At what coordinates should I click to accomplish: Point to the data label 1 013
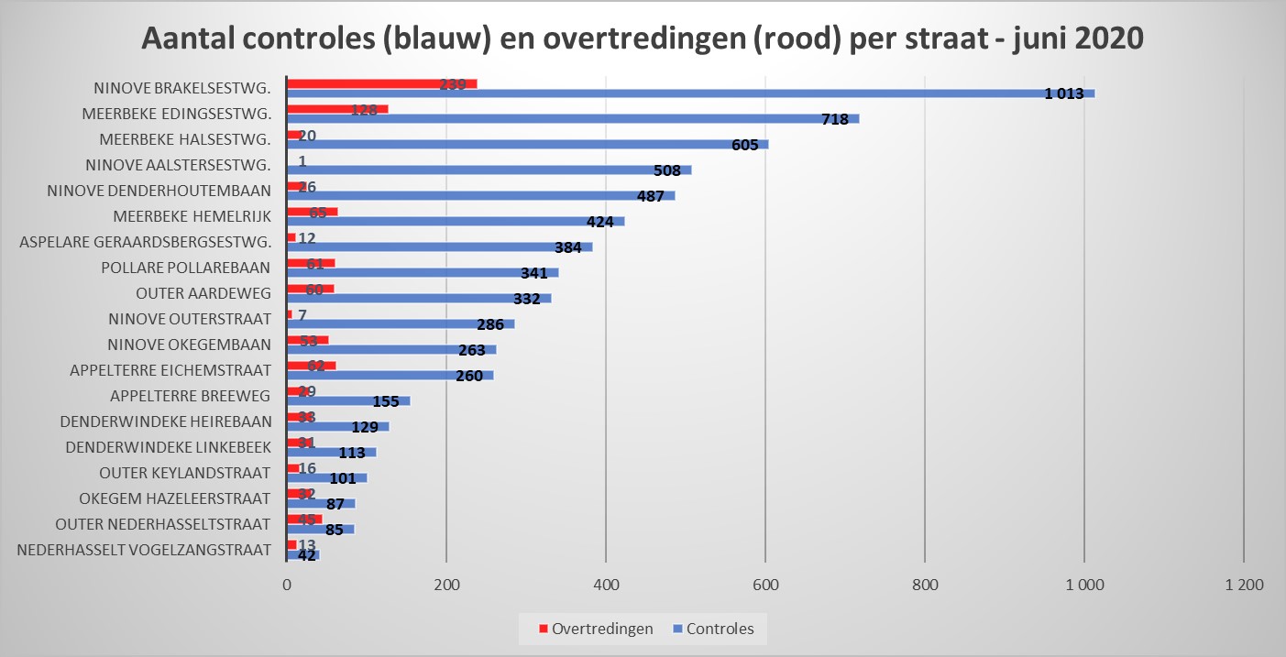(x=1064, y=93)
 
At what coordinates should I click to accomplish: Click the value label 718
(x=834, y=119)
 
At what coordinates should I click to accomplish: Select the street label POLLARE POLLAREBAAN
(x=186, y=268)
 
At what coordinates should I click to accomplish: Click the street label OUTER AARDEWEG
(x=203, y=293)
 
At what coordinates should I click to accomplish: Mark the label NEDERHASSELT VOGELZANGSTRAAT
(x=144, y=550)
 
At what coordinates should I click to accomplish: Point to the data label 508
(x=666, y=170)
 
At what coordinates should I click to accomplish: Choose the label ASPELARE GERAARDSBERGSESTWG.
(x=145, y=242)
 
